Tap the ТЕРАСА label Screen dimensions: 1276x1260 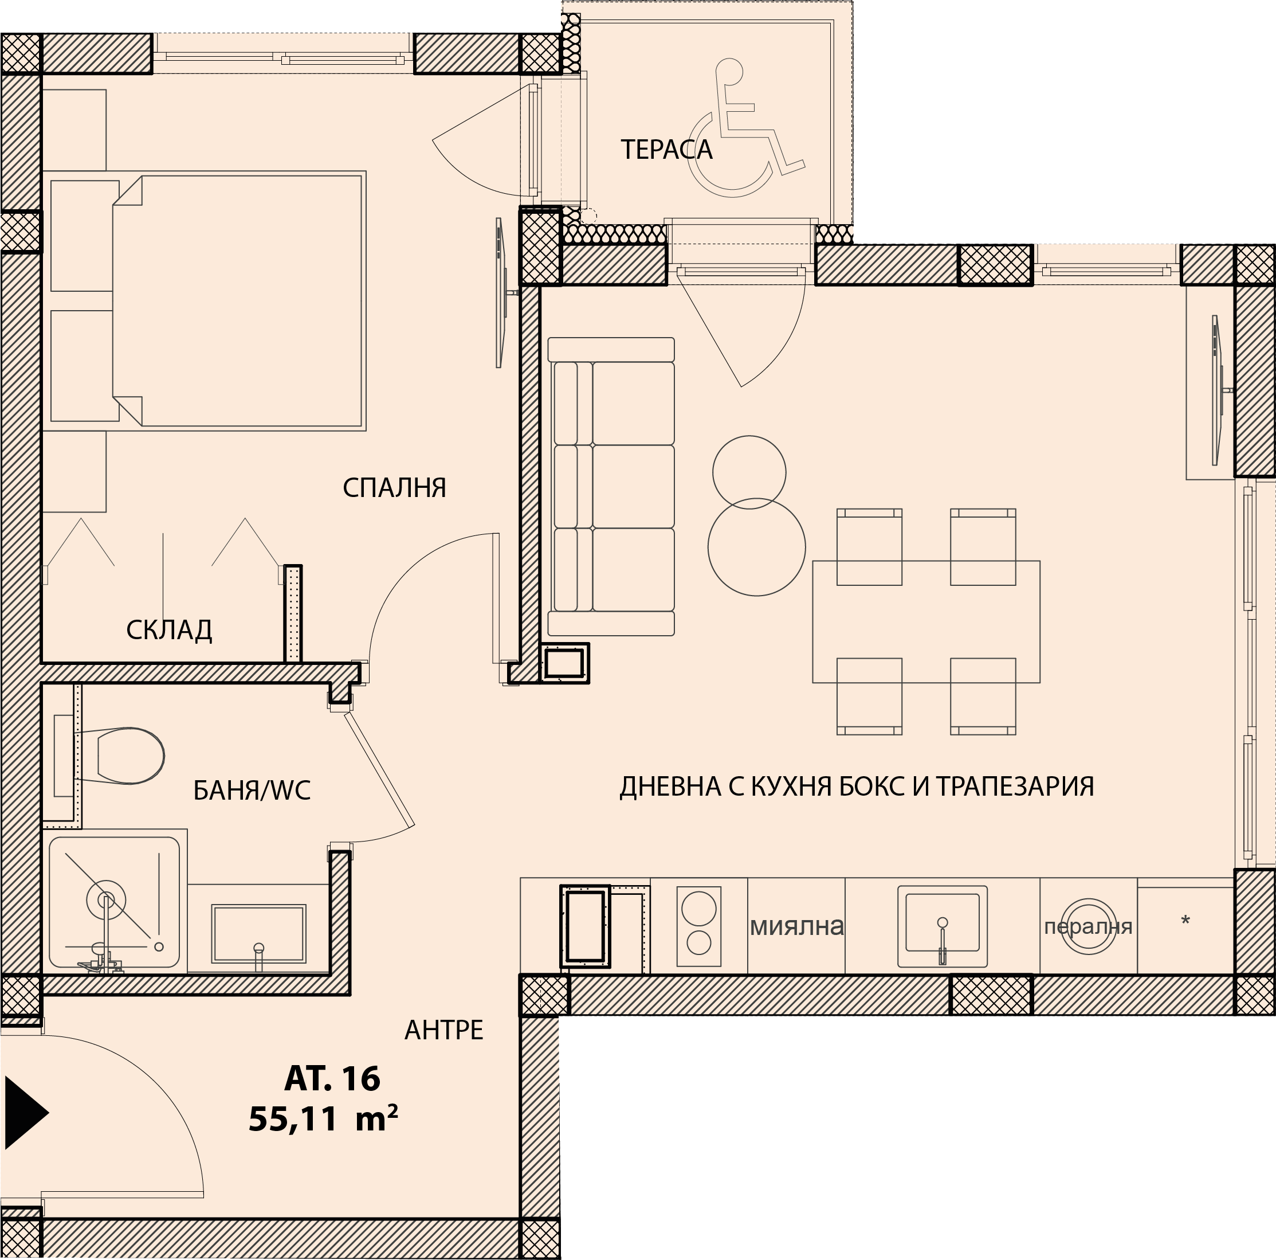666,150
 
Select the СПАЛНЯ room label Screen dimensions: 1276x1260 394,488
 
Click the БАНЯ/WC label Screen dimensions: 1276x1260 252,791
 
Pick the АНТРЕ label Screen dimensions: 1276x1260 444,1030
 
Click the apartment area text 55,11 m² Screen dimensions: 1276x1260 323,1118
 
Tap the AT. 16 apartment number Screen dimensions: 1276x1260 332,1078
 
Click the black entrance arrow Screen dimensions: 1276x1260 26,1113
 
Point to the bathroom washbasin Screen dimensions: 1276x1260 258,933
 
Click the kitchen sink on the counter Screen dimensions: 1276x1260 943,926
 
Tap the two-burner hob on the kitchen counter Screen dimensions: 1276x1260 699,926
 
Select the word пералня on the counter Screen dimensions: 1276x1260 1087,927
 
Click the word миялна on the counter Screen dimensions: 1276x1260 796,926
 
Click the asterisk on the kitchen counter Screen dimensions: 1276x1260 1185,919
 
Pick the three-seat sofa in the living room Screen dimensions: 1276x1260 611,487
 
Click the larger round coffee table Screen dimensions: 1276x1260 757,547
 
